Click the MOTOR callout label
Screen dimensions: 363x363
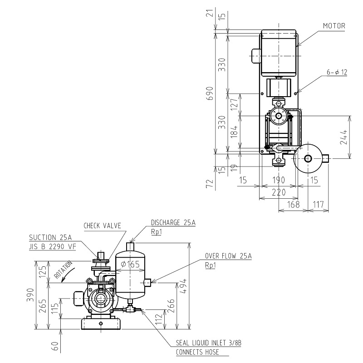[334, 26]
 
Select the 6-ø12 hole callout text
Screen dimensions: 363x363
[337, 72]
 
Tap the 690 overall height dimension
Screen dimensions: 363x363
[210, 93]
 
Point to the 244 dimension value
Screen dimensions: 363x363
[343, 137]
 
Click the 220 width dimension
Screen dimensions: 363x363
[279, 192]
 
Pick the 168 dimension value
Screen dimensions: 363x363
[293, 205]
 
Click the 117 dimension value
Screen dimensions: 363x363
[319, 205]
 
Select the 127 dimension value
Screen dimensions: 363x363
[234, 103]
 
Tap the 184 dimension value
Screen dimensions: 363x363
[234, 132]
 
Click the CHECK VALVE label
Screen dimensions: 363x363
[103, 226]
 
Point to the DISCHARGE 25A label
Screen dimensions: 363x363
[173, 222]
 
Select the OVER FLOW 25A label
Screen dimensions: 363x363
[228, 256]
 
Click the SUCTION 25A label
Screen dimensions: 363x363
[50, 237]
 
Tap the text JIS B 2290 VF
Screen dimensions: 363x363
[53, 246]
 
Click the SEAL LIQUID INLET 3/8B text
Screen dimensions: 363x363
[209, 343]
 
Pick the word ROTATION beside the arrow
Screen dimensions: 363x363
[63, 270]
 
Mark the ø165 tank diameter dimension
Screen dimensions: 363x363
[130, 264]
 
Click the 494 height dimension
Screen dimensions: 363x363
[183, 286]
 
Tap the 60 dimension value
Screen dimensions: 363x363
[55, 346]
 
